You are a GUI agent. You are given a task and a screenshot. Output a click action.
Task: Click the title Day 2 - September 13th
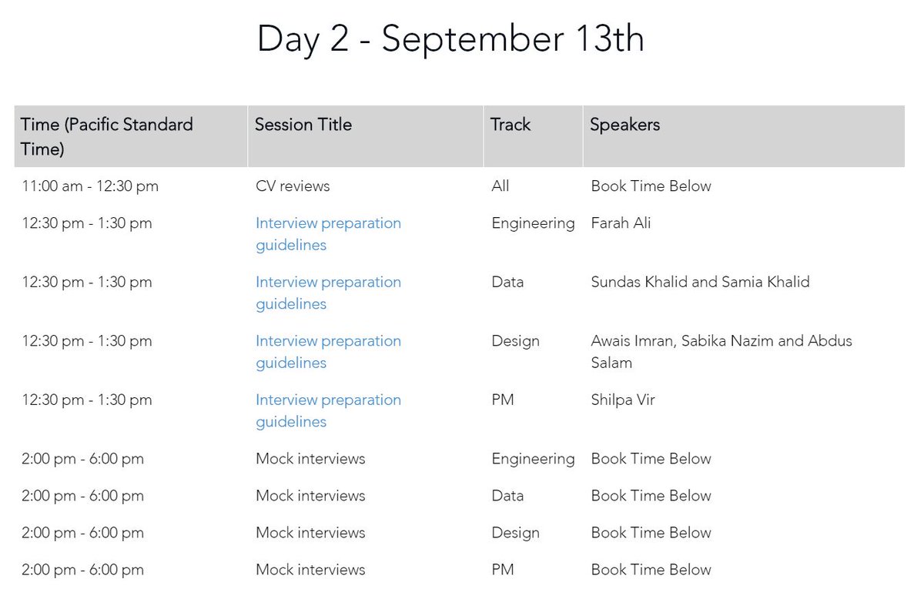(x=450, y=38)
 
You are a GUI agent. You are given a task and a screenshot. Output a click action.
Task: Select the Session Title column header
(x=303, y=125)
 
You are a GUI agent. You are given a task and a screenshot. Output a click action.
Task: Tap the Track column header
(x=511, y=125)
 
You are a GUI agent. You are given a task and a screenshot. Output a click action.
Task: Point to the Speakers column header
(x=624, y=125)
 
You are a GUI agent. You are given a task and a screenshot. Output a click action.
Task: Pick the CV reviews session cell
(x=293, y=186)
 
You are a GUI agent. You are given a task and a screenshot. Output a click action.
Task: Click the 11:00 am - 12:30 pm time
(x=90, y=186)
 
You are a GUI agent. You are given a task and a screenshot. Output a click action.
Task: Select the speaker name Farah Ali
(x=621, y=223)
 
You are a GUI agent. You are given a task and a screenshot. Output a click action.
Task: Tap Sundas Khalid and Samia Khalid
(x=700, y=282)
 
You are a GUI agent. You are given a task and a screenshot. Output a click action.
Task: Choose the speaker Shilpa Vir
(x=623, y=400)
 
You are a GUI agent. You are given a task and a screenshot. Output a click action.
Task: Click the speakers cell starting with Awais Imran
(x=721, y=351)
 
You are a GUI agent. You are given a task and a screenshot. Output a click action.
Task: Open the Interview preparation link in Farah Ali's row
(x=328, y=234)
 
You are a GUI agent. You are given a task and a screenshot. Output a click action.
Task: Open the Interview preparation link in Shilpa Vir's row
(x=328, y=410)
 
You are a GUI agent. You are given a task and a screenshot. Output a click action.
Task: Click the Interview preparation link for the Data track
(x=328, y=293)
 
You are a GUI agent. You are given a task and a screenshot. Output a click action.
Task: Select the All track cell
(x=500, y=186)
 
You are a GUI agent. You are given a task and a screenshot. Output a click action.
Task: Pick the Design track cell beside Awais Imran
(x=515, y=341)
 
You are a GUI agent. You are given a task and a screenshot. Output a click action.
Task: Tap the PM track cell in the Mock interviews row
(x=503, y=570)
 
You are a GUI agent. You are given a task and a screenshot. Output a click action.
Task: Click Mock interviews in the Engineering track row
(x=310, y=459)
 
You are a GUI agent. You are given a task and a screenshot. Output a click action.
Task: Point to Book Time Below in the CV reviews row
(x=651, y=186)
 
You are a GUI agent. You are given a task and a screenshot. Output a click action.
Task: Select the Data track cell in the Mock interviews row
(x=507, y=496)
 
